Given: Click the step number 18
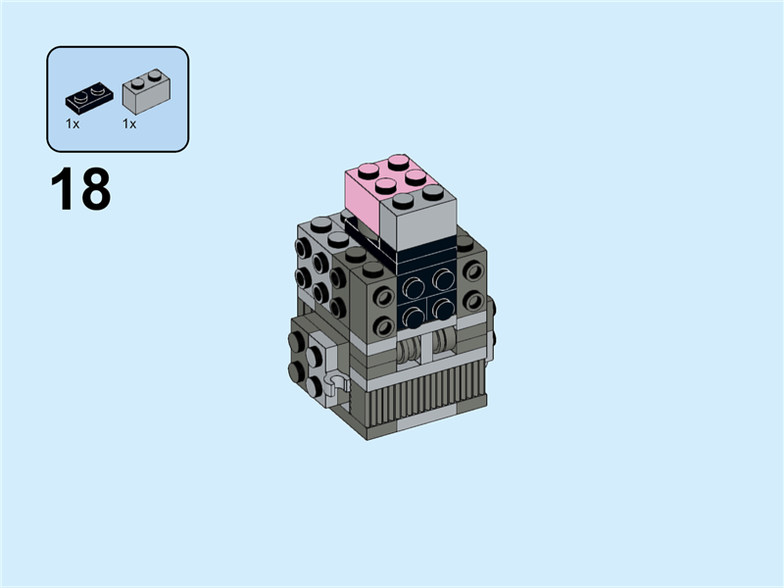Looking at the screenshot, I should (x=80, y=190).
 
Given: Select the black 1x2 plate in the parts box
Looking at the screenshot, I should (x=87, y=98).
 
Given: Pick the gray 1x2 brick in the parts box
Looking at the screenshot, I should (x=145, y=90).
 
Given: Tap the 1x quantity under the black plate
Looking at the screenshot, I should (x=73, y=124).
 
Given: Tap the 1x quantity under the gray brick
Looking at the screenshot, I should (x=129, y=124).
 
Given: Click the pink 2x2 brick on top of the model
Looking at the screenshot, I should (x=367, y=191).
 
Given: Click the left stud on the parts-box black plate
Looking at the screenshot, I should (x=79, y=95).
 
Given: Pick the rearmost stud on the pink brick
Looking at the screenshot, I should (x=398, y=161).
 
